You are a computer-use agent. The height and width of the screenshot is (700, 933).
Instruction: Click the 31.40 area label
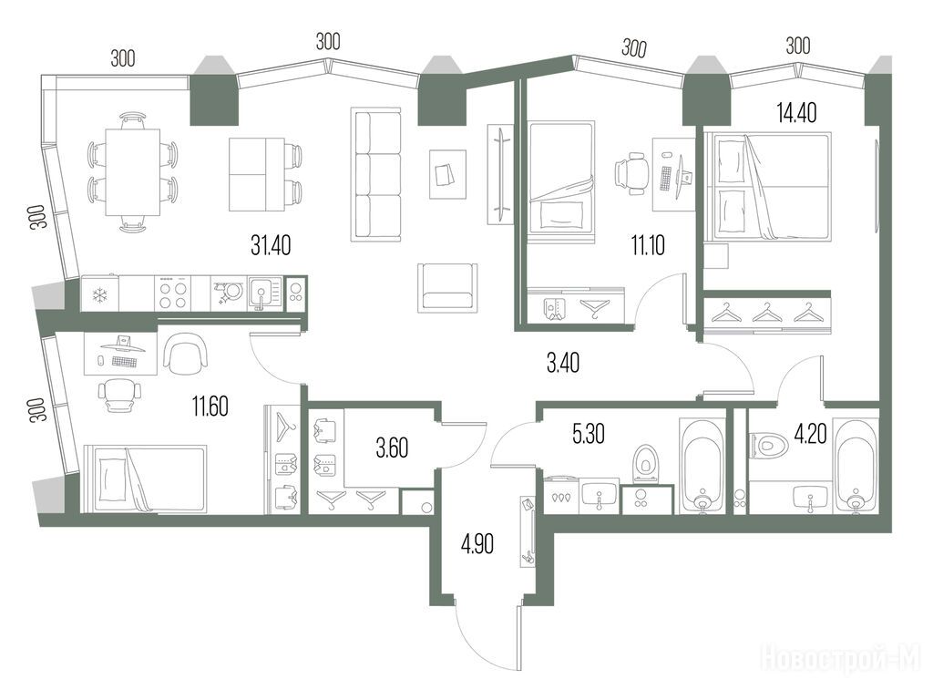271,245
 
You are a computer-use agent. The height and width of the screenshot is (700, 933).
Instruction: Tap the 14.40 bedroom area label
796,112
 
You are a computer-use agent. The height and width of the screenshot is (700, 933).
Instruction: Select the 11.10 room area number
648,245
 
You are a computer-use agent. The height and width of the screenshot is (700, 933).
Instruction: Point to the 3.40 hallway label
563,363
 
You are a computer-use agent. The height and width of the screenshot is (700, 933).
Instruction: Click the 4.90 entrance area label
477,544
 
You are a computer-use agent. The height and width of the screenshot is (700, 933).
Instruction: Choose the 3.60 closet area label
392,448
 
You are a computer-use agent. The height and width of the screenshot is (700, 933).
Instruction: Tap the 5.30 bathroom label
589,435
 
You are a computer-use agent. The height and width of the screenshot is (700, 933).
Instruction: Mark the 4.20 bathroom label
810,435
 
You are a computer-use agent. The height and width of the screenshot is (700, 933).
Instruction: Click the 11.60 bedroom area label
210,407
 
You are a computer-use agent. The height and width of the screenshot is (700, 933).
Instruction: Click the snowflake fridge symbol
98,294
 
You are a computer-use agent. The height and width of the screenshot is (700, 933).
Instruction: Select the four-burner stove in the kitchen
173,294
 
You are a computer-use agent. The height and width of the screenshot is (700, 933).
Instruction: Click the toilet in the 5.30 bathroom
644,462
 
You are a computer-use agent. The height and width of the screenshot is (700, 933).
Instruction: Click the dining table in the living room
133,172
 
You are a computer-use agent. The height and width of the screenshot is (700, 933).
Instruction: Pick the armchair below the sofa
447,287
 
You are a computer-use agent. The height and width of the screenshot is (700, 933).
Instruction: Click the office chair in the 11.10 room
631,172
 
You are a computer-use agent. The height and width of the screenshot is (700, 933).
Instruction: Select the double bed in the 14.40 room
767,187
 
